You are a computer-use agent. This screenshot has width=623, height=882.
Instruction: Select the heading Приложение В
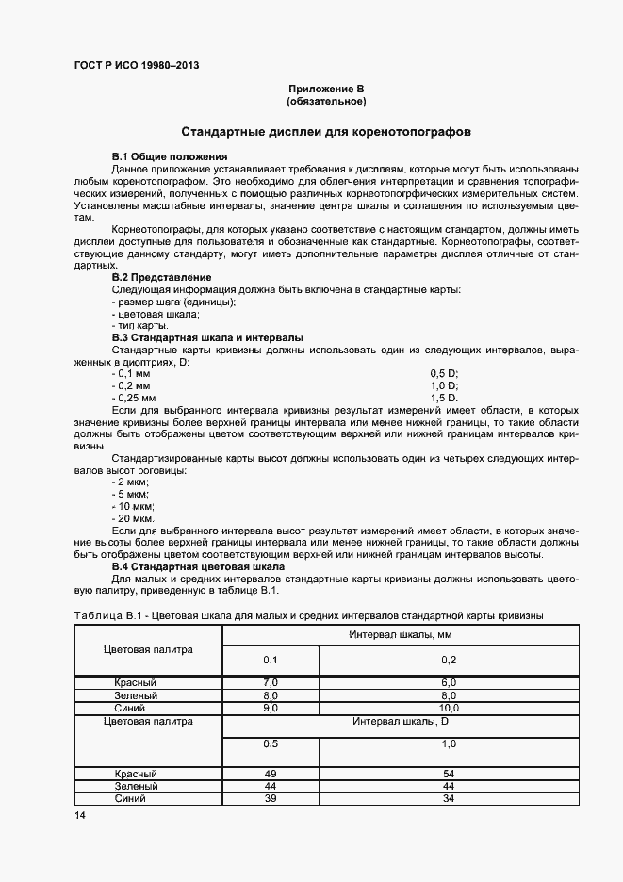pyautogui.click(x=326, y=89)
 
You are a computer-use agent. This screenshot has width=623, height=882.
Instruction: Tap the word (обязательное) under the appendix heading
pyautogui.click(x=326, y=101)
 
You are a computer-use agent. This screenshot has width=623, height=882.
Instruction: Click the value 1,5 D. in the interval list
pyautogui.click(x=444, y=399)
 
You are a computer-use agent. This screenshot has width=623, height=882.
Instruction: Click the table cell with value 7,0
pyautogui.click(x=270, y=682)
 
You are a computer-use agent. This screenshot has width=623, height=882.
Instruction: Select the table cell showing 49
pyautogui.click(x=270, y=773)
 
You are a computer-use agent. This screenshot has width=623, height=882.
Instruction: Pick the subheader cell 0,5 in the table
pyautogui.click(x=270, y=743)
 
